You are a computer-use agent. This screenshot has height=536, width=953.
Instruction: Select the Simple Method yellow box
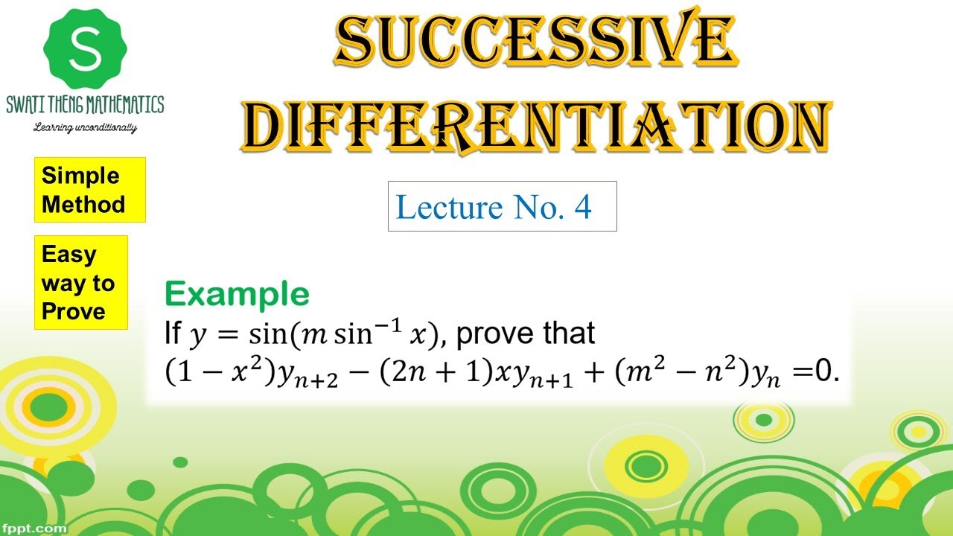tap(89, 190)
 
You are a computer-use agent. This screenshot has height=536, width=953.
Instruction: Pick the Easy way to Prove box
tap(80, 283)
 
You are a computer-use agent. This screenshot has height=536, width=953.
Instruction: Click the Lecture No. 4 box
tap(502, 206)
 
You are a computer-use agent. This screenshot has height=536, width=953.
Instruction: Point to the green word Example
tap(237, 295)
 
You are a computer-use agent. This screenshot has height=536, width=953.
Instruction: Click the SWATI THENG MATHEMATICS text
tap(85, 104)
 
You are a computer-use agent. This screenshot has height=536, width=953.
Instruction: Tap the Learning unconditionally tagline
tap(85, 127)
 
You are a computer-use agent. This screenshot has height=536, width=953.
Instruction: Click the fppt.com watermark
tap(34, 528)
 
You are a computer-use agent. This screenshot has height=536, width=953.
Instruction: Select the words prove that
tap(525, 333)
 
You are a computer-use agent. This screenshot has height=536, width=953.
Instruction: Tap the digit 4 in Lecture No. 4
tap(582, 207)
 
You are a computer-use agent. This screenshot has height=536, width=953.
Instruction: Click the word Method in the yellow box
tap(83, 204)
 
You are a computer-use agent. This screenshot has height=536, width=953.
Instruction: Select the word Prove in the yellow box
tap(73, 311)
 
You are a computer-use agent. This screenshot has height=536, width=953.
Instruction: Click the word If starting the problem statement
tap(172, 334)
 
